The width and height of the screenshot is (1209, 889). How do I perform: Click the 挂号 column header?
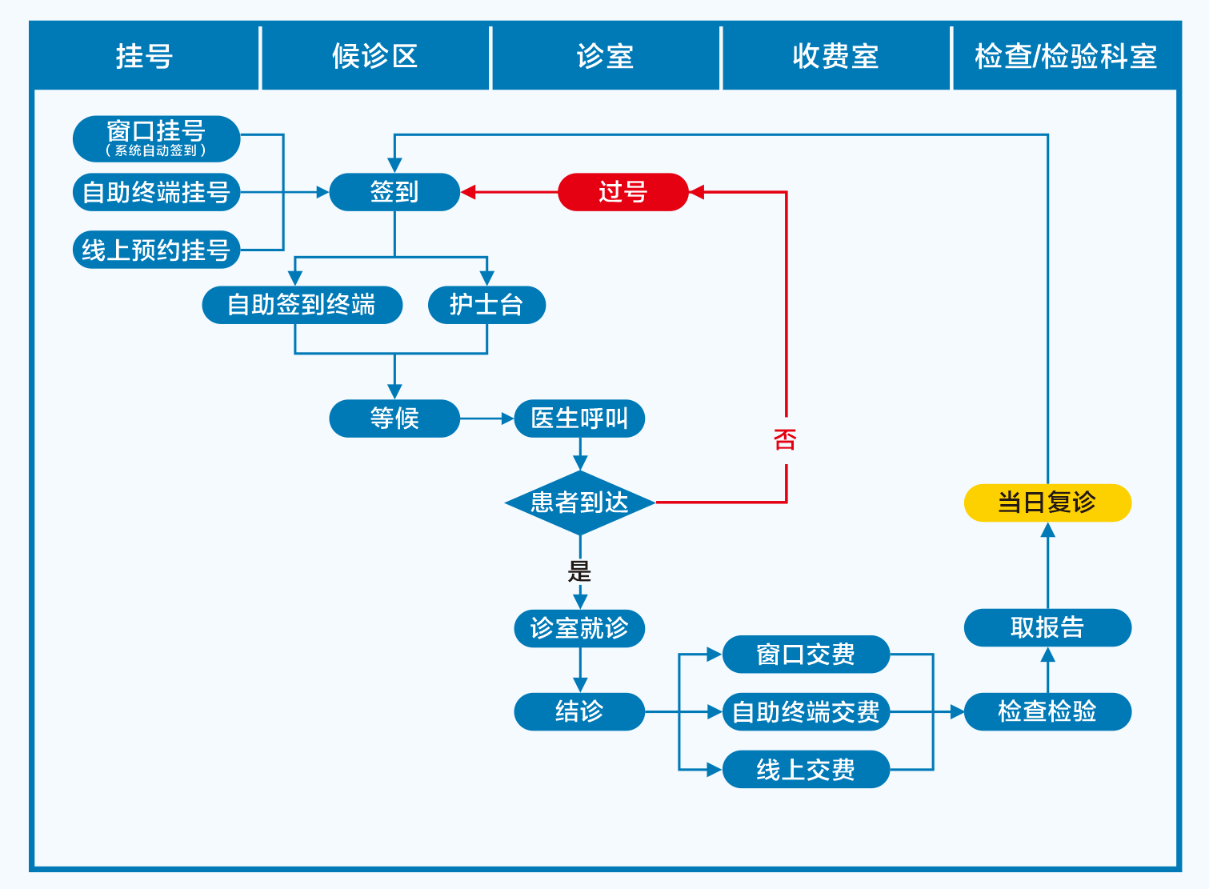[145, 57]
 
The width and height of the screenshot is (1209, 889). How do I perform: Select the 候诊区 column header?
[375, 57]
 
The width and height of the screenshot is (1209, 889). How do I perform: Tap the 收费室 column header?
[836, 57]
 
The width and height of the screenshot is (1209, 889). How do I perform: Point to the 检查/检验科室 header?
[1066, 57]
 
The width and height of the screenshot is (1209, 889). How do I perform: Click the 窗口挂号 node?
[156, 138]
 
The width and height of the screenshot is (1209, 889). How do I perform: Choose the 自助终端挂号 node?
[156, 193]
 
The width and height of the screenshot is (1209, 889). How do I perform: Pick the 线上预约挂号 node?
[156, 250]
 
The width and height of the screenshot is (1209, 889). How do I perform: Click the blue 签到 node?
[394, 192]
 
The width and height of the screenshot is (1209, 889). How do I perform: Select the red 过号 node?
[623, 192]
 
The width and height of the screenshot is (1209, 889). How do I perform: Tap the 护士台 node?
[486, 305]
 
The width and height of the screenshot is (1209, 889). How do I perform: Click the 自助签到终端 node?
[302, 305]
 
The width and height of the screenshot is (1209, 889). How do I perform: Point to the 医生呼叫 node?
[579, 418]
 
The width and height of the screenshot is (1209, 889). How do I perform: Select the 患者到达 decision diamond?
[579, 503]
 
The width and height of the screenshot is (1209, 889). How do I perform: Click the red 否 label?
[785, 439]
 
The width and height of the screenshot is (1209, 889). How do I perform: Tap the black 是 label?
[579, 571]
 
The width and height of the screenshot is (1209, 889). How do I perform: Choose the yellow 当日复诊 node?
[1047, 503]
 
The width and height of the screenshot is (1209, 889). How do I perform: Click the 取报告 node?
[1047, 627]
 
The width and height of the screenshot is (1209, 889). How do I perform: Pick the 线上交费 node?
[806, 770]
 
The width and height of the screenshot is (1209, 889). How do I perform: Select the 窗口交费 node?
[806, 655]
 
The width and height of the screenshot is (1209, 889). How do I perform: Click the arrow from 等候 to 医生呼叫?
[486, 418]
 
